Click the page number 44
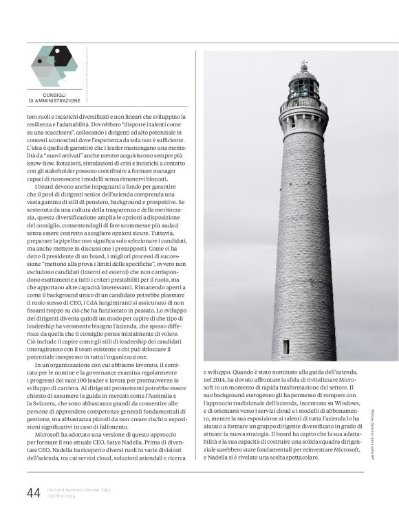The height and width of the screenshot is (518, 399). pos(33,493)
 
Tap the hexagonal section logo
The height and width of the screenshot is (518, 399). pos(54,65)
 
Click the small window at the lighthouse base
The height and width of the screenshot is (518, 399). pos(286,346)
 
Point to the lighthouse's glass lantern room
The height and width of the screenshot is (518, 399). pos(303,88)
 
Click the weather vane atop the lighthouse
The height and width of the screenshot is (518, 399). pos(303,63)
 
